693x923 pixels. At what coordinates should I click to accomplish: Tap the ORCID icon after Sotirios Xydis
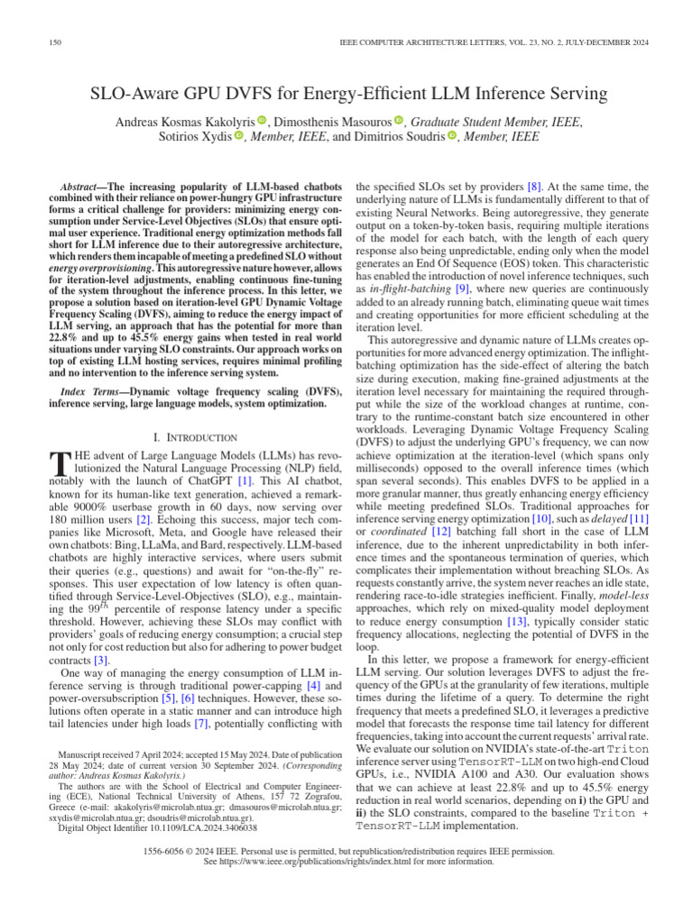[239, 136]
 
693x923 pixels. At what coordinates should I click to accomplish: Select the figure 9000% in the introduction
[84, 509]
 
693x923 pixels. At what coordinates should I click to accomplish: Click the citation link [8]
[534, 185]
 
